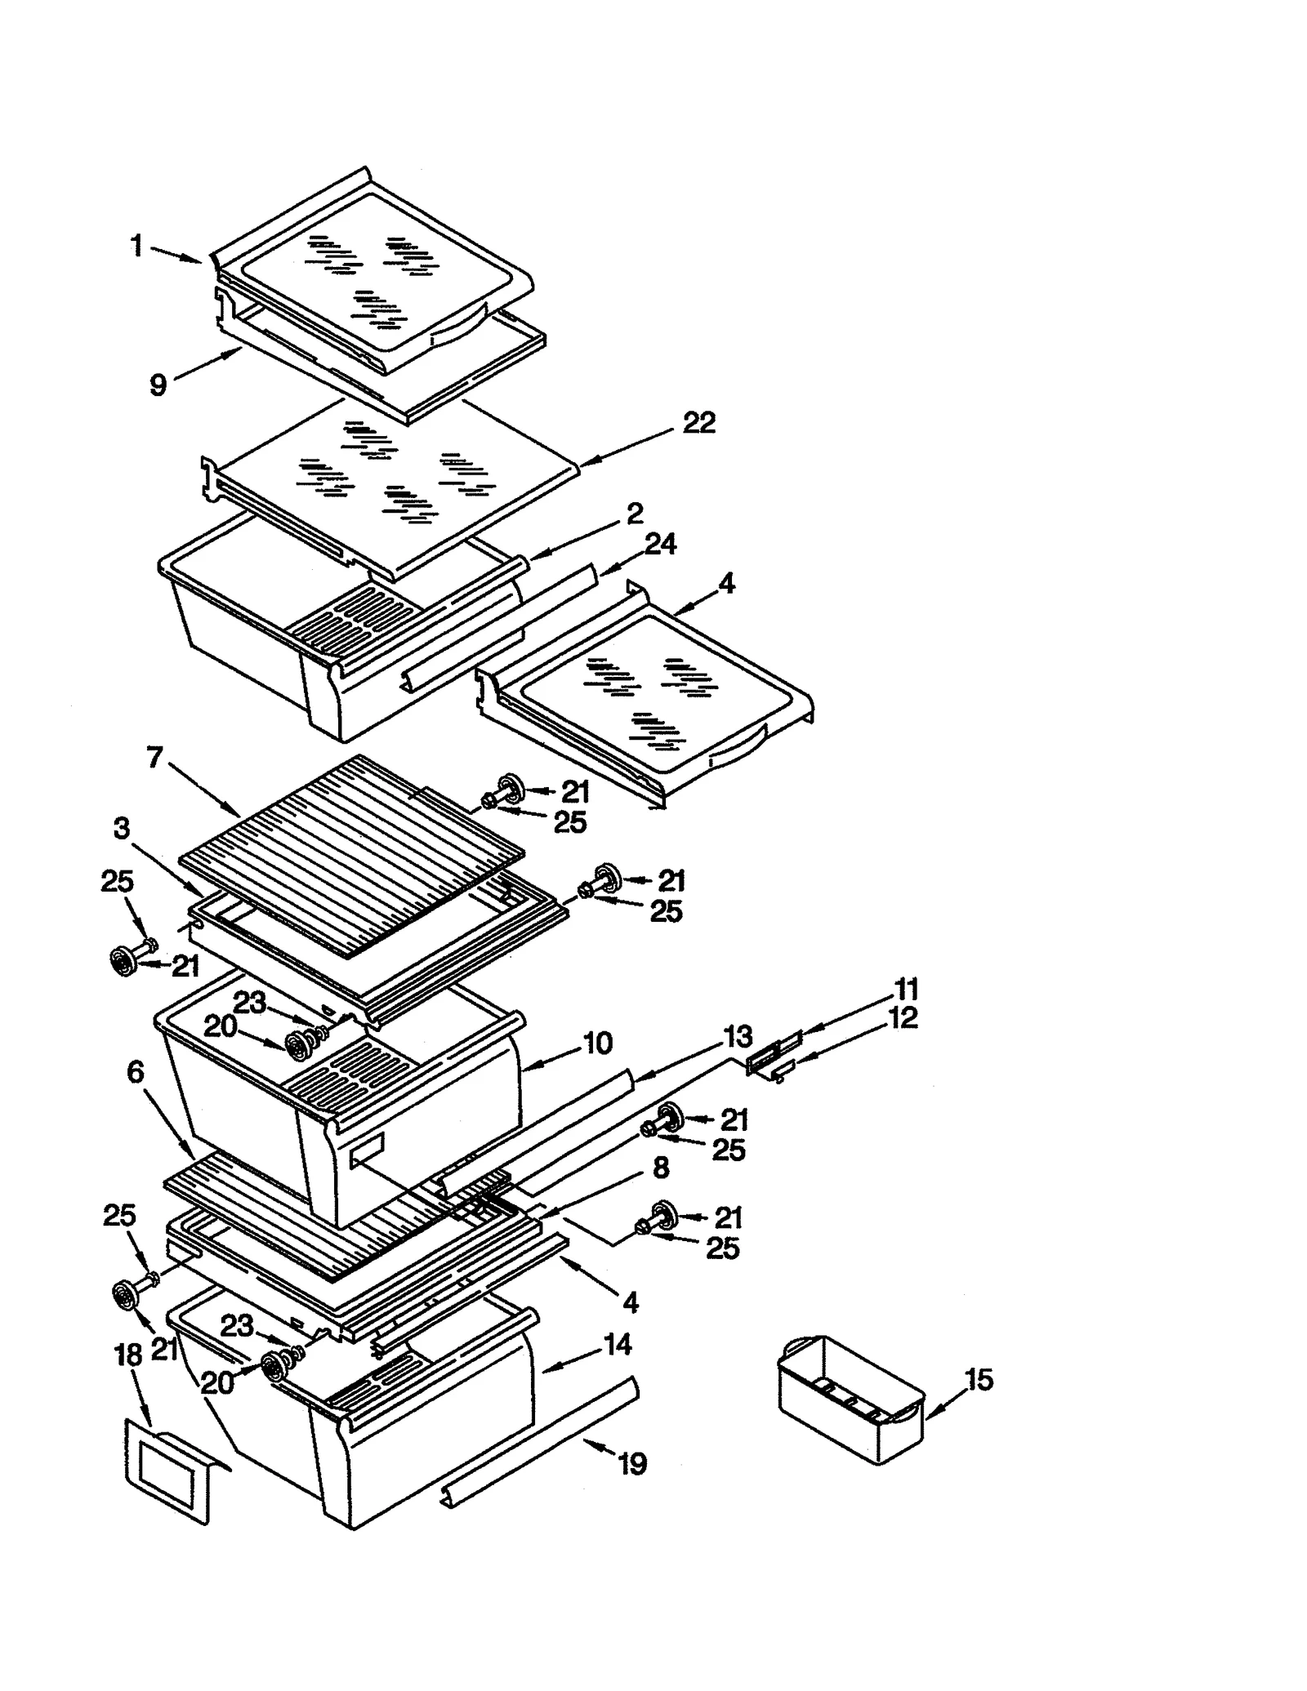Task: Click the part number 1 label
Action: (137, 245)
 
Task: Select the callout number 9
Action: (158, 384)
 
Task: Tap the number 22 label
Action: (698, 422)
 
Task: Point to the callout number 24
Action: (660, 544)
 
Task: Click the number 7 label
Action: (154, 758)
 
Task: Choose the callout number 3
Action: (121, 829)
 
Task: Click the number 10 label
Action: (597, 1043)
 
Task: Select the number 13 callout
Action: (738, 1037)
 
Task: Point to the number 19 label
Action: (632, 1464)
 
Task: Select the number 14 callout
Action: (618, 1344)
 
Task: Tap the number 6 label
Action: (136, 1072)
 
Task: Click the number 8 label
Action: (661, 1168)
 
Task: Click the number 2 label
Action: (635, 514)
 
